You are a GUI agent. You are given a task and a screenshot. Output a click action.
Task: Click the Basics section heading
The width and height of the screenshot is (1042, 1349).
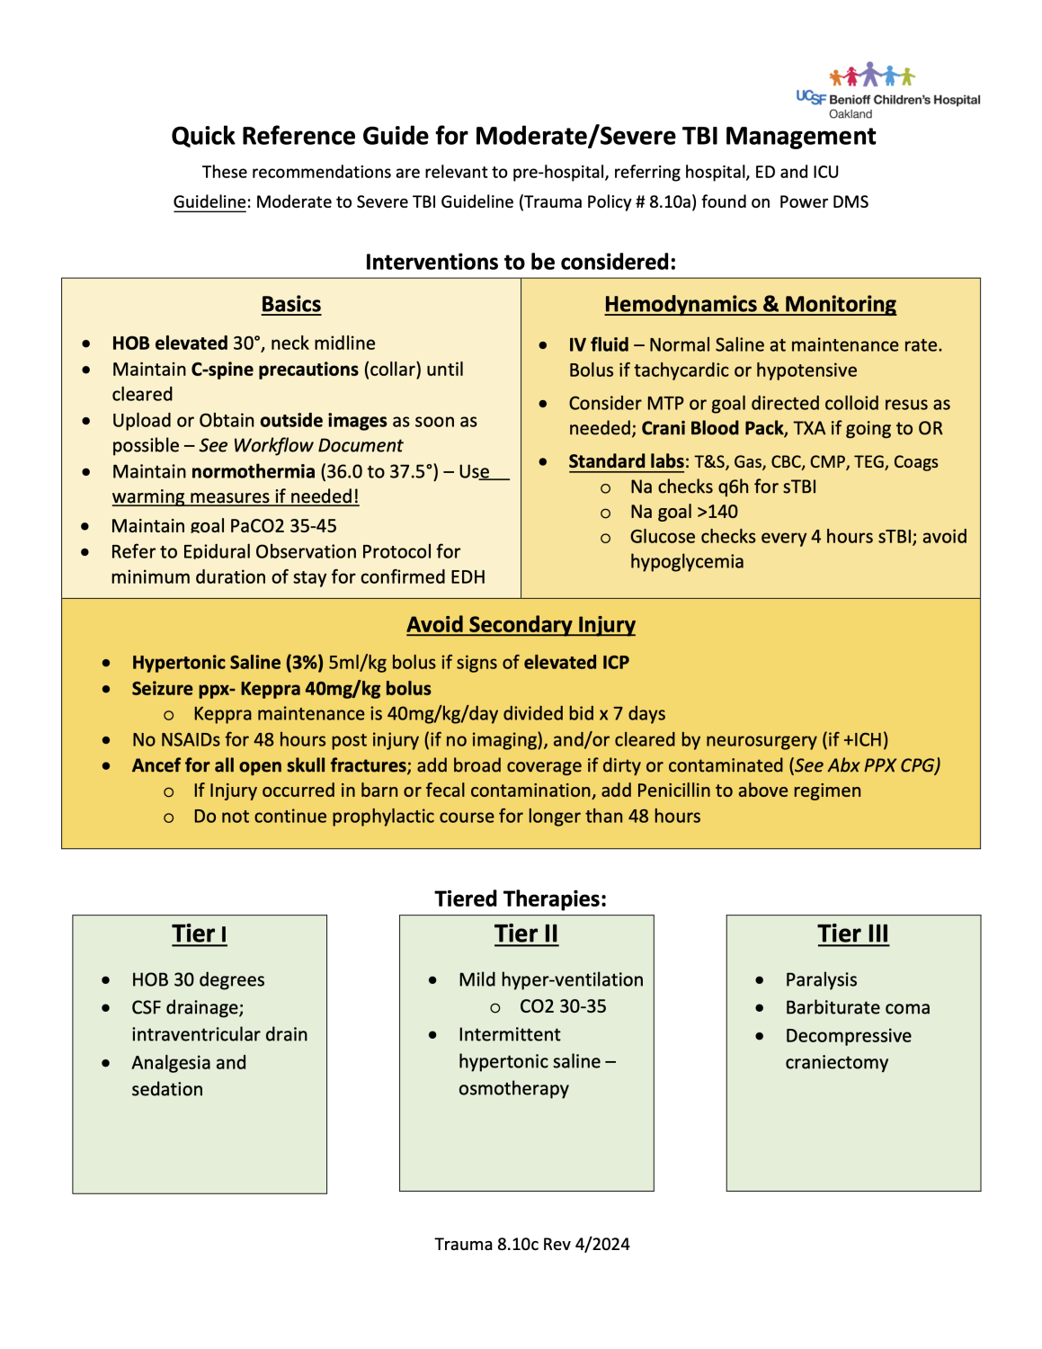click(291, 305)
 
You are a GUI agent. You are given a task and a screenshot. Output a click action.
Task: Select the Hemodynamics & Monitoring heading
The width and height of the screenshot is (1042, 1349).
click(750, 305)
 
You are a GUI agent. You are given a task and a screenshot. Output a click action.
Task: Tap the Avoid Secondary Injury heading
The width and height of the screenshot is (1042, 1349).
click(521, 625)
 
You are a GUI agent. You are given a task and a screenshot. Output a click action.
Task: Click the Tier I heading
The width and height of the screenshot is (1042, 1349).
click(200, 934)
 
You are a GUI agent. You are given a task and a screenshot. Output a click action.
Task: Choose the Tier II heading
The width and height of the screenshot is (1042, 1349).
click(526, 934)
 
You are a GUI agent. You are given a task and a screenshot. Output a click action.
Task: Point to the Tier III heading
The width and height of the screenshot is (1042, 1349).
click(852, 934)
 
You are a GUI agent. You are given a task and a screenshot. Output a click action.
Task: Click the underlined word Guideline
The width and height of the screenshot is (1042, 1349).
click(209, 202)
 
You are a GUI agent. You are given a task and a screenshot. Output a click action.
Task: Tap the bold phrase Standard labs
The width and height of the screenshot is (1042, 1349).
click(626, 461)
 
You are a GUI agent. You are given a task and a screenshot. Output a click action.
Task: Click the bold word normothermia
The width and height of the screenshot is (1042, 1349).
click(253, 472)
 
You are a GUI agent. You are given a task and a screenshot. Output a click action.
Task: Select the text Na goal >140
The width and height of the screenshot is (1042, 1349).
click(683, 512)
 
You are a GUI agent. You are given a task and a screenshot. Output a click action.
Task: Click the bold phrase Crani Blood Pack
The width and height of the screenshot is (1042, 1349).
click(712, 429)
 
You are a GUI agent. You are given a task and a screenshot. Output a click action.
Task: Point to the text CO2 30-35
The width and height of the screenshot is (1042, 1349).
click(563, 1006)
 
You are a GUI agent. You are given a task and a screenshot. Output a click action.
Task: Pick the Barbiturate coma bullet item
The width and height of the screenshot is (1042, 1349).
click(857, 1008)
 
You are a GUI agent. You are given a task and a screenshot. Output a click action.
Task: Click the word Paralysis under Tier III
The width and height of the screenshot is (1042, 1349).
click(821, 979)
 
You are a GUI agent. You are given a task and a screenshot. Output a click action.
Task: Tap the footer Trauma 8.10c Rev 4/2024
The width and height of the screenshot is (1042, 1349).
click(532, 1245)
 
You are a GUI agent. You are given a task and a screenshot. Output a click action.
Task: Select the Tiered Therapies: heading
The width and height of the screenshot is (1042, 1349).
click(521, 899)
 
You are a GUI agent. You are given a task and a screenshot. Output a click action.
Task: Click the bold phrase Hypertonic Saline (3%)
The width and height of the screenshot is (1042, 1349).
click(227, 663)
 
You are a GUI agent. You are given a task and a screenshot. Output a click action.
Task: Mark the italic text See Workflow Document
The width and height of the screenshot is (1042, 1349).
click(301, 446)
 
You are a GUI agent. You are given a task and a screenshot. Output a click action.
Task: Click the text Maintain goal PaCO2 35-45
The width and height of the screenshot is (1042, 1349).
click(224, 526)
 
